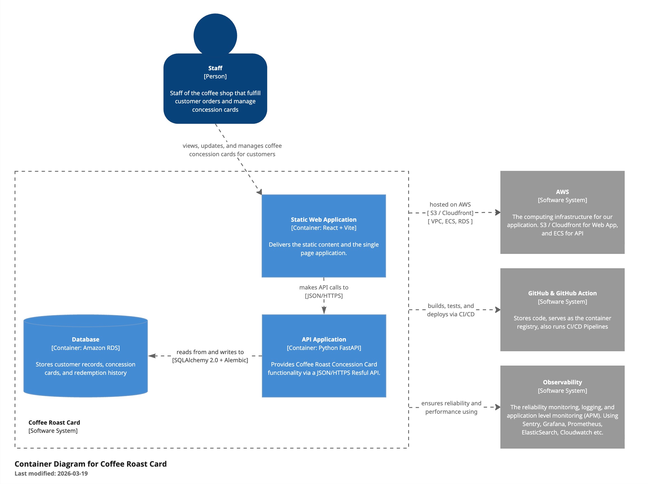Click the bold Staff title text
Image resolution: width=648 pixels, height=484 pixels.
click(x=215, y=68)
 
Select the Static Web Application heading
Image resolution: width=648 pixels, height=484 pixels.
click(x=323, y=219)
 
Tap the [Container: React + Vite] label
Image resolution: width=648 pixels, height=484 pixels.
click(x=323, y=228)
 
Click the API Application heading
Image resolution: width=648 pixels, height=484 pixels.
click(x=324, y=340)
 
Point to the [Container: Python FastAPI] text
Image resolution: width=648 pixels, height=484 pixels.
click(x=324, y=348)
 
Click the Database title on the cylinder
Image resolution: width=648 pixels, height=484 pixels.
click(x=85, y=340)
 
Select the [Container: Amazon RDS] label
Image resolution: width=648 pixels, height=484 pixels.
click(x=85, y=348)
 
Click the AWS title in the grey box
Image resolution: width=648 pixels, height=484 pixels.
click(x=562, y=192)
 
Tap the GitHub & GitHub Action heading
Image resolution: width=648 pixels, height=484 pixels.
click(x=562, y=293)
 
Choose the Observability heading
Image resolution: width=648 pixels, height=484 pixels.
click(x=562, y=382)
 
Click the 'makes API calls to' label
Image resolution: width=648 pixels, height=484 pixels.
click(x=324, y=287)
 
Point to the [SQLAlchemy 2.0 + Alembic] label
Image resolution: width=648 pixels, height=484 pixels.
click(x=210, y=360)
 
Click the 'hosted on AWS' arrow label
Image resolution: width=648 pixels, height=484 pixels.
click(x=450, y=205)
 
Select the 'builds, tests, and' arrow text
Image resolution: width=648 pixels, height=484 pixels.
click(x=450, y=306)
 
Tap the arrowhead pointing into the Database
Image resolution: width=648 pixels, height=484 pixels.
click(x=152, y=356)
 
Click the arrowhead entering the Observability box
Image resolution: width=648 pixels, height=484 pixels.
click(x=498, y=407)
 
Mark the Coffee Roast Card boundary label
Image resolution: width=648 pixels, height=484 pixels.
click(x=54, y=422)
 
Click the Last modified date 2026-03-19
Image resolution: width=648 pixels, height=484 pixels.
click(x=72, y=473)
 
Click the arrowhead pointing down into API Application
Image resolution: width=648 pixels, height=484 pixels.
click(x=324, y=310)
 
